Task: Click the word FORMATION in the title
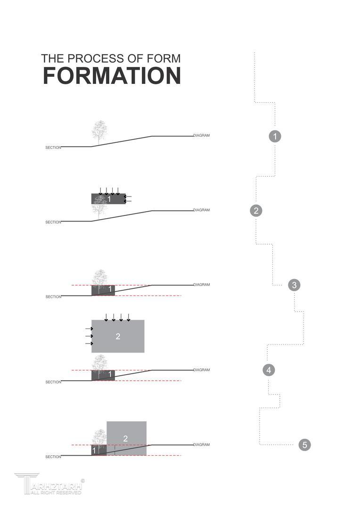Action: click(112, 75)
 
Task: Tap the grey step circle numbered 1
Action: click(275, 136)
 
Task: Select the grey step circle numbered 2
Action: click(256, 211)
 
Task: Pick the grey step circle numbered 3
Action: click(294, 285)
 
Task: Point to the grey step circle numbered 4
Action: click(269, 370)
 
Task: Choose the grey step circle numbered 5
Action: click(304, 444)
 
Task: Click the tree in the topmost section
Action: click(99, 133)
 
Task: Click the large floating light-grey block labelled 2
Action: click(118, 336)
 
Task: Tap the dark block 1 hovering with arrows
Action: click(108, 199)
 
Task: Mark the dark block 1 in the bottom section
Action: click(98, 450)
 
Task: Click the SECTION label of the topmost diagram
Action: click(53, 148)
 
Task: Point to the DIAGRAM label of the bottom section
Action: click(202, 445)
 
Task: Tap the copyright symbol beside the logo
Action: click(82, 481)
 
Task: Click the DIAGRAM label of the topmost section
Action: click(202, 135)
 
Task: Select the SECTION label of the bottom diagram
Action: click(53, 457)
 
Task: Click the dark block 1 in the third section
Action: click(103, 290)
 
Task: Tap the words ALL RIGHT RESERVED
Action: click(56, 493)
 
